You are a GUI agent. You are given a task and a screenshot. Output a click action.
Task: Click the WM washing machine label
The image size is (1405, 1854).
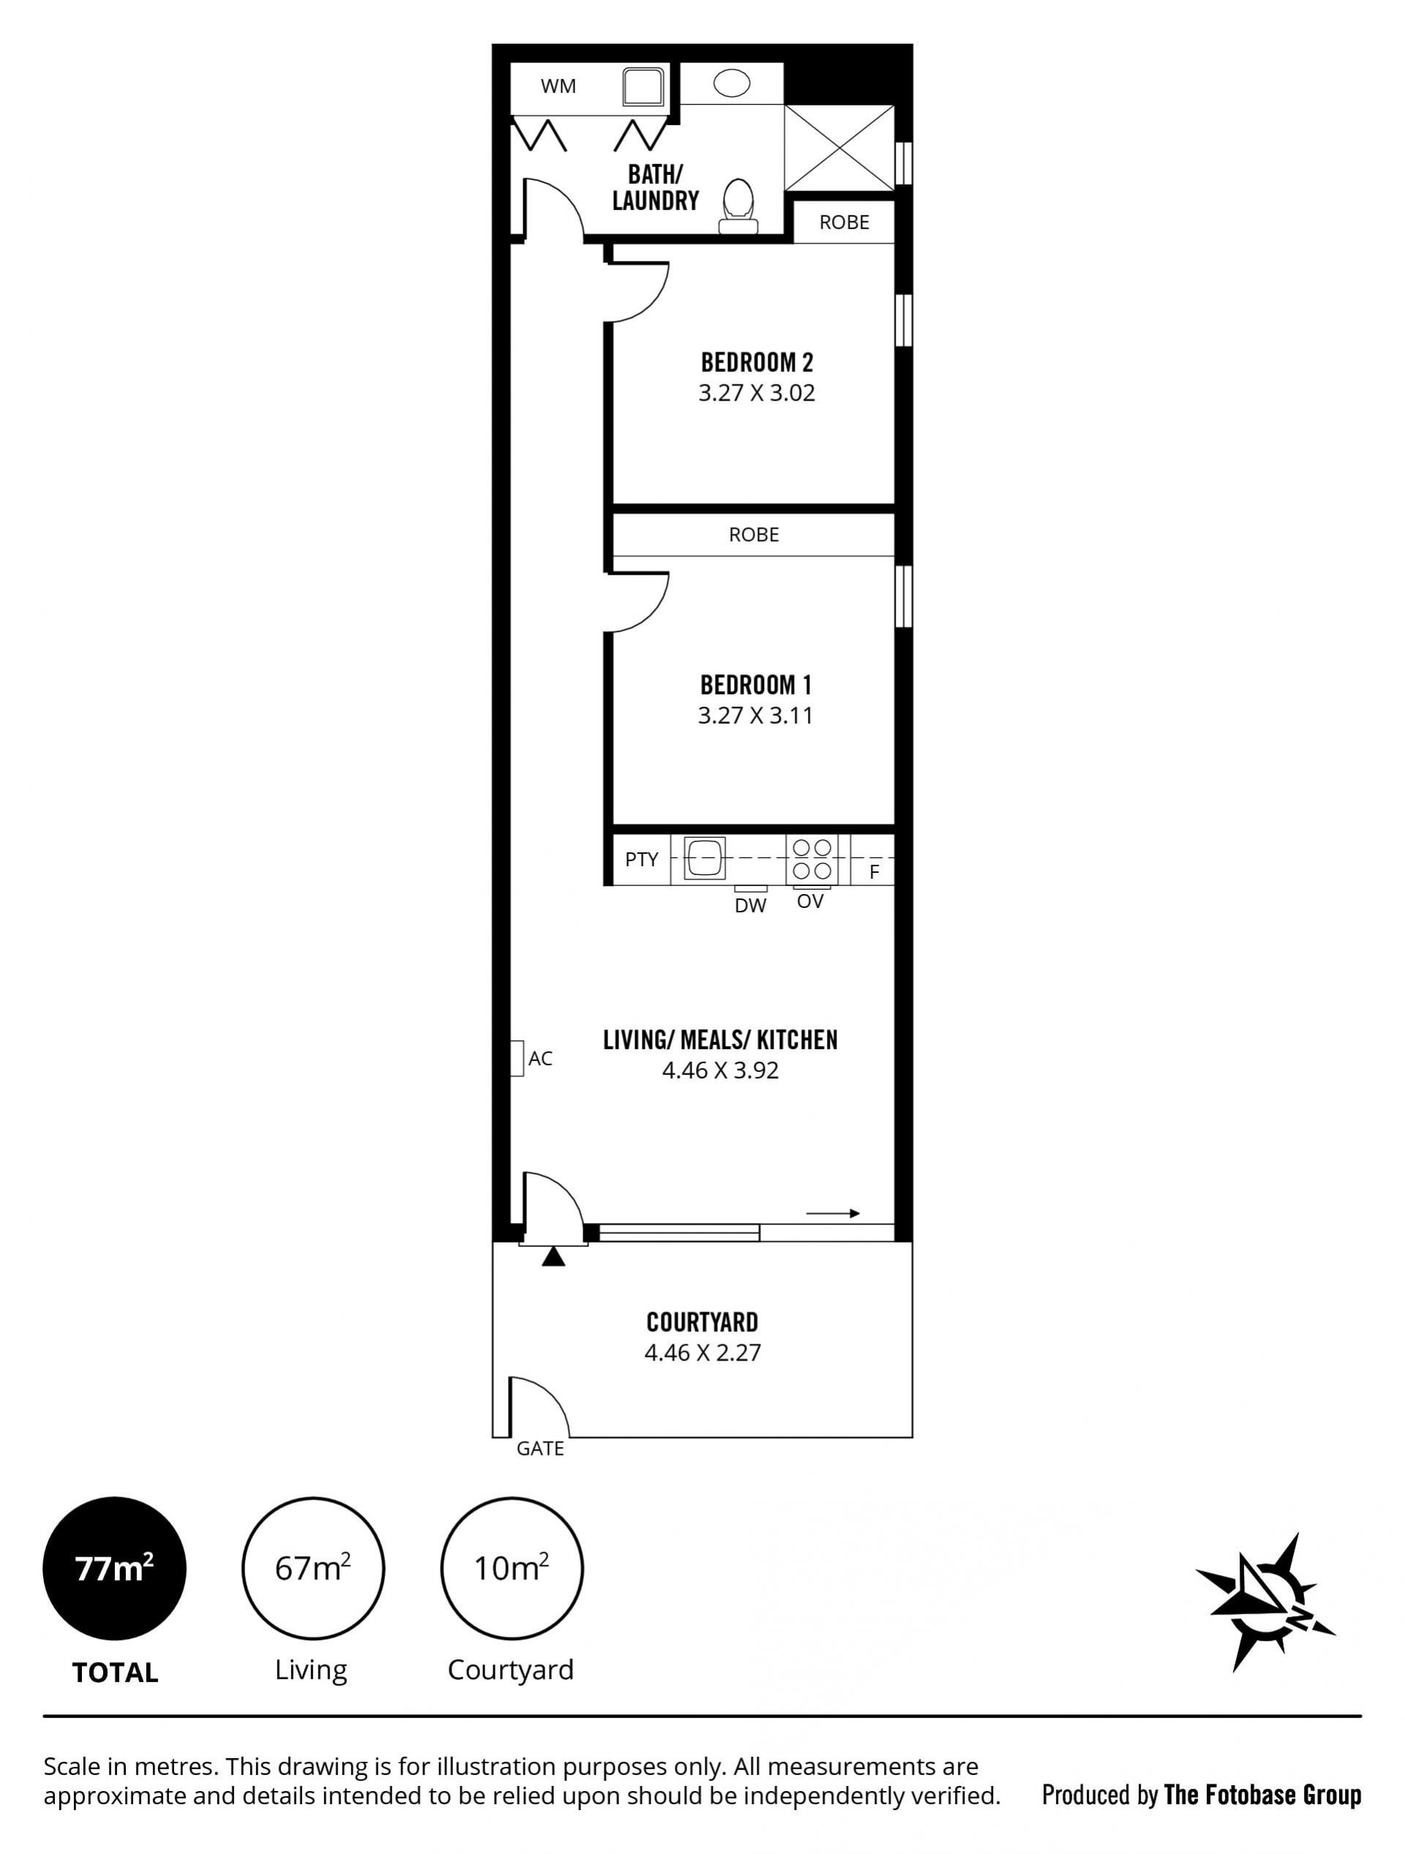pos(558,86)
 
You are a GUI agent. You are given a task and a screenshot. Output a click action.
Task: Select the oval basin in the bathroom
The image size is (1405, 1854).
pos(731,83)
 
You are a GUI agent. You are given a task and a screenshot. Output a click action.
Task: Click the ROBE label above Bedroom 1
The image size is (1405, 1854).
pos(754,534)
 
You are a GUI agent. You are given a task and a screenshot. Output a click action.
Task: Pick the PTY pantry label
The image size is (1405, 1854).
pos(642,859)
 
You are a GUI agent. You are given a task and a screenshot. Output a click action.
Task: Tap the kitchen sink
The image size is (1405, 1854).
pos(704,858)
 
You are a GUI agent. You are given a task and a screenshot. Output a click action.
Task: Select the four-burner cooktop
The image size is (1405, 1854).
pos(812,858)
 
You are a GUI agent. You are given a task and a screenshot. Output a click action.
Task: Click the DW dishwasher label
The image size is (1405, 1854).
pos(750,905)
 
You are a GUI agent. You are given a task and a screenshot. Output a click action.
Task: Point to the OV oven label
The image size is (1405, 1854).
pos(810,902)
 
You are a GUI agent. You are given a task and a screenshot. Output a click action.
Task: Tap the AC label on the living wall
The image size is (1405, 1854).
pos(540,1059)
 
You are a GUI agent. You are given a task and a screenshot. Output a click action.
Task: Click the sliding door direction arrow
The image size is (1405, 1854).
pos(833,1213)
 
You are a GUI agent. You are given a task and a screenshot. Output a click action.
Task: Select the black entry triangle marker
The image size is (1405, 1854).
pos(553,1257)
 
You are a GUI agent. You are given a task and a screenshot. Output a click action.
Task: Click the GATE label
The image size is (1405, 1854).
pos(540,1449)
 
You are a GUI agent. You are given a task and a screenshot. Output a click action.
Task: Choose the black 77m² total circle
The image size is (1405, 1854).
pos(115,1569)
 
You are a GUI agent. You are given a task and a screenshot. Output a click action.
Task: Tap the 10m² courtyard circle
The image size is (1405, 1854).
pos(512,1569)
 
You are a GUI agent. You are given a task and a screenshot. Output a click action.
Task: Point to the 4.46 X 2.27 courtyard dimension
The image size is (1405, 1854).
pos(703,1352)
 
